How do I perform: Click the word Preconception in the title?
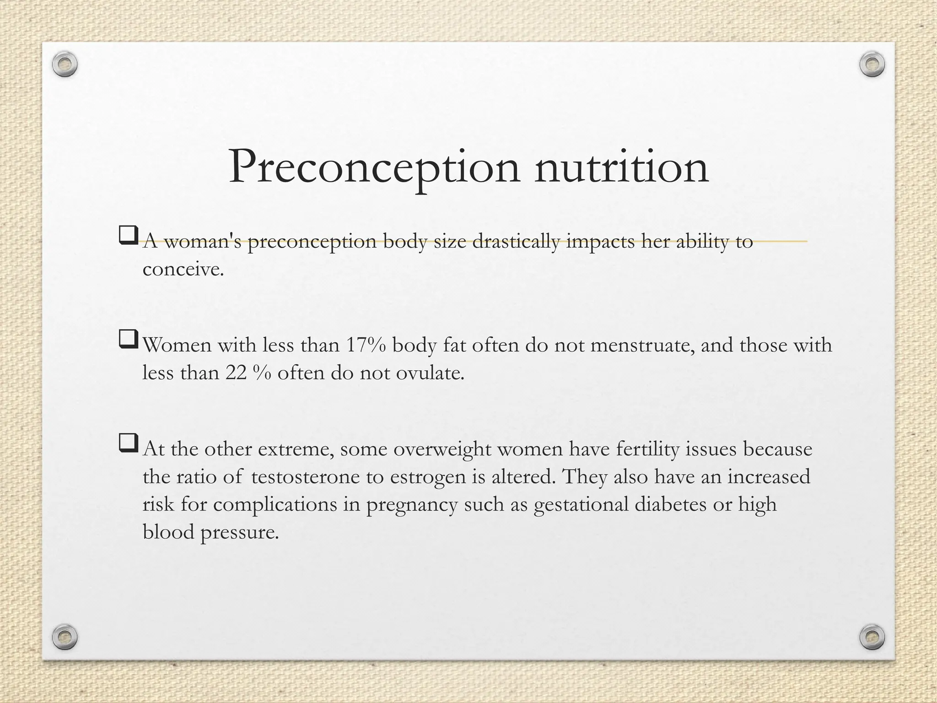[374, 168]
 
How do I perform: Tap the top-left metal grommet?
[65, 65]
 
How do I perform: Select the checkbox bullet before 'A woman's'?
[128, 236]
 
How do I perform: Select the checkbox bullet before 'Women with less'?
[128, 340]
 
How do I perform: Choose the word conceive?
[183, 270]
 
